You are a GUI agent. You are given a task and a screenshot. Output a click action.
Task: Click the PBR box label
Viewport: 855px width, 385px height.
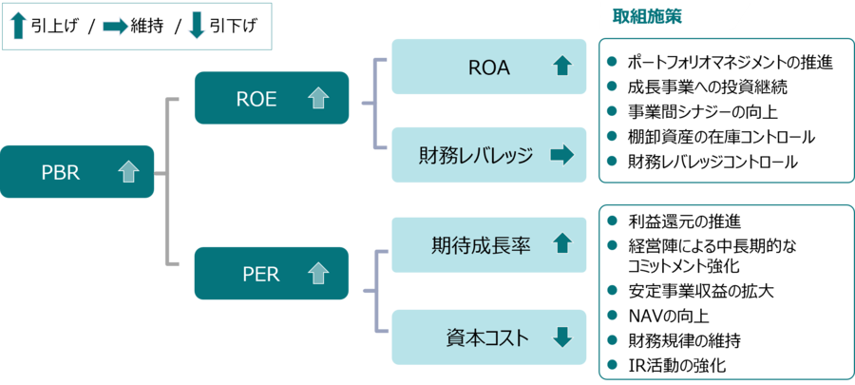click(x=60, y=172)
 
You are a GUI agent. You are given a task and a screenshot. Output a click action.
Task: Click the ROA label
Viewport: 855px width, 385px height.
click(x=489, y=67)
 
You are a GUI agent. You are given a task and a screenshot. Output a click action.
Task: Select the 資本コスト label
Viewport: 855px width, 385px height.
click(x=481, y=336)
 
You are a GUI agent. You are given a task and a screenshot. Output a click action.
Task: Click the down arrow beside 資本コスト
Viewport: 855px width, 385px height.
click(x=561, y=336)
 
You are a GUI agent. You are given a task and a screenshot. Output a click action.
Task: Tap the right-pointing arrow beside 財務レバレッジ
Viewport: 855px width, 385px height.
click(x=561, y=155)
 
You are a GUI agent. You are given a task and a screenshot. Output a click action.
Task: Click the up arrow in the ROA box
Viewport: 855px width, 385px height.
click(x=561, y=67)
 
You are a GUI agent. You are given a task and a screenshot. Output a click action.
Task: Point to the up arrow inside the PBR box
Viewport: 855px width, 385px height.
click(x=127, y=172)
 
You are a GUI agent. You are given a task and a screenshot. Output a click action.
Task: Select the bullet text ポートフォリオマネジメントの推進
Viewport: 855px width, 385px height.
click(x=730, y=63)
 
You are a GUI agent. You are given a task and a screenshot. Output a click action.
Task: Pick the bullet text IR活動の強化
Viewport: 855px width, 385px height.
click(x=678, y=365)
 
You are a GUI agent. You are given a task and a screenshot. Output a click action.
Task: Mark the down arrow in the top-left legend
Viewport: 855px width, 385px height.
click(x=197, y=27)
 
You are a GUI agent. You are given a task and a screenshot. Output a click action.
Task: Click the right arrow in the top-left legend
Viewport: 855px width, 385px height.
click(x=115, y=27)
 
